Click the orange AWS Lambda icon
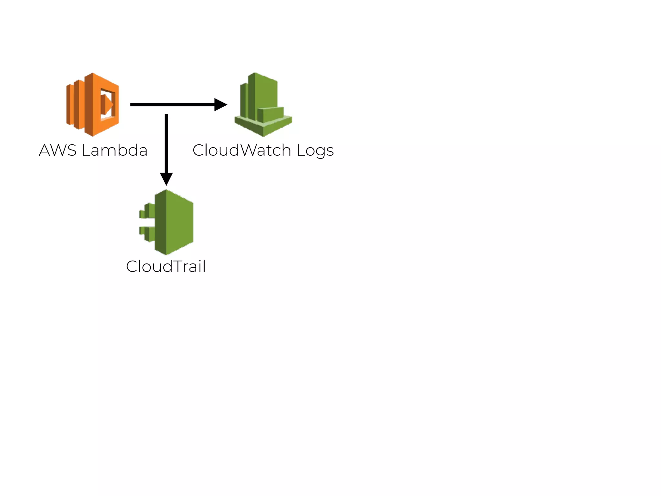pos(93,104)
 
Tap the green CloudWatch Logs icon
pos(263,104)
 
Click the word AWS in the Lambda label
pos(58,150)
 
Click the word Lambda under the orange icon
pos(115,150)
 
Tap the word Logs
pos(315,151)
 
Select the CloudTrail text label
pos(166,267)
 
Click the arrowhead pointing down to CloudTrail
pos(166,178)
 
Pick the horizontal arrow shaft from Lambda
pos(171,105)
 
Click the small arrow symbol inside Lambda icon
pos(107,104)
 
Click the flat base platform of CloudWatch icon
pos(263,128)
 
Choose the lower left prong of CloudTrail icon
pos(147,233)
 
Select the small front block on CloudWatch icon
pos(271,115)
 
